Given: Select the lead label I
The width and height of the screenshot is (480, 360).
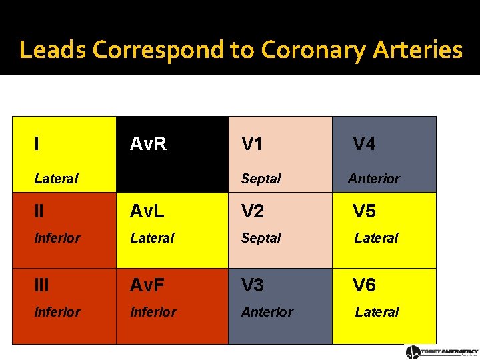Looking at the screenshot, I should pos(37,143).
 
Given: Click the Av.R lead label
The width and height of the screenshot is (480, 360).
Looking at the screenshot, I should pos(148,144).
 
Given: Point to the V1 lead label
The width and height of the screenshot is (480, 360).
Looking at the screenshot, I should pos(252,144).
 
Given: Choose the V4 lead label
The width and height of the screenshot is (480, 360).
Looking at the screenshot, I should pos(364,144).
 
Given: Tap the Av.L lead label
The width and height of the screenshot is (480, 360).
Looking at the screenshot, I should pos(147,211).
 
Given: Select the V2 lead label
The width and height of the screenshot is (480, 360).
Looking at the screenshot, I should pos(253,211).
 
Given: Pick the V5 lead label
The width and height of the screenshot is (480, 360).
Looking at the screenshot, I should pos(364,211).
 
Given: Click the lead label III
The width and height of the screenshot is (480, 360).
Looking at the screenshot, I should pos(41,285).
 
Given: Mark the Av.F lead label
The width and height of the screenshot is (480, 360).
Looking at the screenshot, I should pos(148,285).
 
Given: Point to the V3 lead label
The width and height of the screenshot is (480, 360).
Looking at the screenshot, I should pos(253,285).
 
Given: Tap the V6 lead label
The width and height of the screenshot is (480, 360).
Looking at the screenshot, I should pos(364,285).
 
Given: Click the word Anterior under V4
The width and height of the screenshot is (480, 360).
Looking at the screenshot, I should pos(374,179).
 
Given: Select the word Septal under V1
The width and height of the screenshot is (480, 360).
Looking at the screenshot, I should pos(261,179).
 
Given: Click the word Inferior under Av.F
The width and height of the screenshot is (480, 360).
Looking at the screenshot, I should pos(153,312).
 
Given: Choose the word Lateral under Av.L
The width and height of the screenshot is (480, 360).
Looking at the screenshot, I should pos(152,238).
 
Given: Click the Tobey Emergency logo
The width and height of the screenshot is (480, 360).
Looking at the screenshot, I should pos(442,352).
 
